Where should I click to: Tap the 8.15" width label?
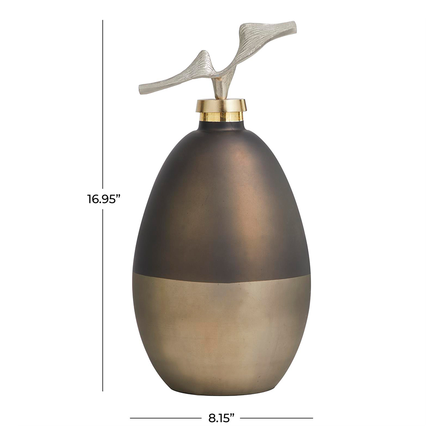[221, 418]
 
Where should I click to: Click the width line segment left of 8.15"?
[166, 418]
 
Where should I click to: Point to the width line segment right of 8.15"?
[276, 418]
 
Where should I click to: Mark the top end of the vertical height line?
[103, 20]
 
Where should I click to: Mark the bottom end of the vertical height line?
[103, 391]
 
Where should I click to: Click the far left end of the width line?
[130, 418]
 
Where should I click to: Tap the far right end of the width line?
[313, 418]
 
